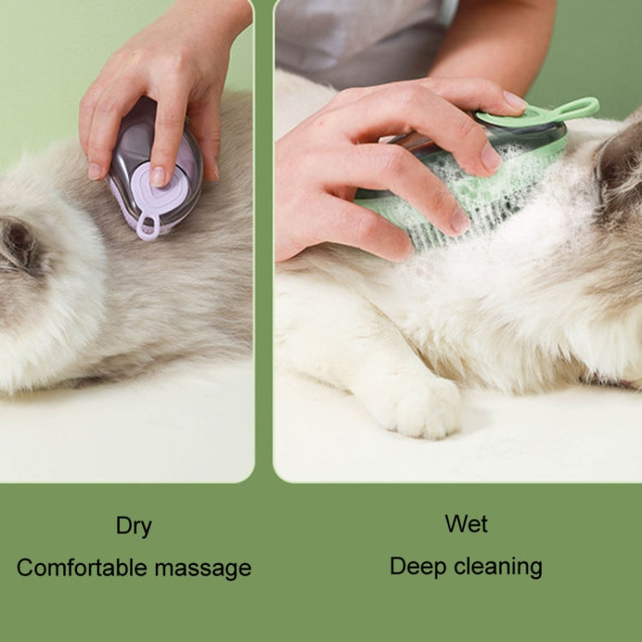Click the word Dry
[134, 526]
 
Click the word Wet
[467, 523]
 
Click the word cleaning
[500, 566]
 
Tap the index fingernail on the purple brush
[158, 175]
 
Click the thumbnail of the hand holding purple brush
[95, 170]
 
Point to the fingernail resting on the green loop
[514, 101]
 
